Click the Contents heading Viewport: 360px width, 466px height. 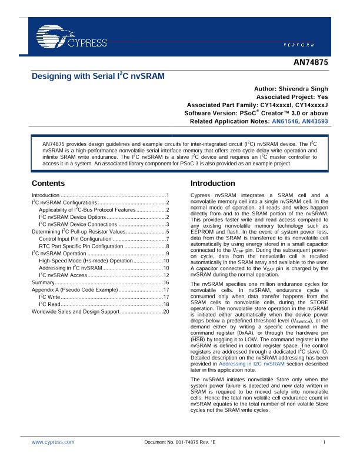coord(48,184)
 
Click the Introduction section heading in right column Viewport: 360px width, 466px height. coord(217,184)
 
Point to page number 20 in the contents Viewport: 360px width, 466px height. coord(166,311)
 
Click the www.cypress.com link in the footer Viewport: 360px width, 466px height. coord(53,441)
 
